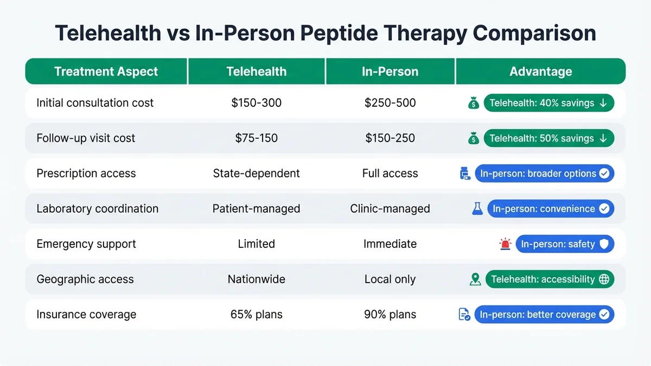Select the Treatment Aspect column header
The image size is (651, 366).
(106, 72)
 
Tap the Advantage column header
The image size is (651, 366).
(540, 72)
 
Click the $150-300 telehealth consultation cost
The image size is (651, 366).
(256, 103)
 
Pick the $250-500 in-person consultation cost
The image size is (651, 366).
(390, 103)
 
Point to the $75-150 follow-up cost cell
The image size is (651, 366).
(256, 138)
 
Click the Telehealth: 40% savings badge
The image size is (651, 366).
(548, 103)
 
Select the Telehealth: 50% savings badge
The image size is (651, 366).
(548, 138)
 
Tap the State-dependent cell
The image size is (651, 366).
(256, 174)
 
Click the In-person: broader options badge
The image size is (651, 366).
(544, 174)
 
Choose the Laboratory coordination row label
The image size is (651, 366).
(98, 209)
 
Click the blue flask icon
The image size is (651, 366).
(477, 209)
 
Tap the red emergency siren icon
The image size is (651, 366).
(505, 244)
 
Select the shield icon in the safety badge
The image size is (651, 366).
(604, 244)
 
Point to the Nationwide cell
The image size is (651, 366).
(256, 279)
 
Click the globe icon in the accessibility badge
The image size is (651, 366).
(604, 279)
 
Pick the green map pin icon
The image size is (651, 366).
(475, 279)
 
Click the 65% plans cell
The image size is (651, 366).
(256, 314)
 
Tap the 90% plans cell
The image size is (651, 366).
(390, 314)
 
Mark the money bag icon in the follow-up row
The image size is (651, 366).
(474, 138)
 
